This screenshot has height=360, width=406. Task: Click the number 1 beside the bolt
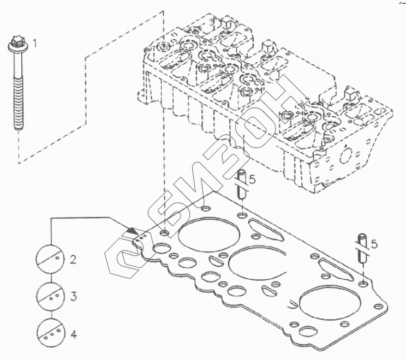tap(35, 43)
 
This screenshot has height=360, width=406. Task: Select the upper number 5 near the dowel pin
tap(252, 179)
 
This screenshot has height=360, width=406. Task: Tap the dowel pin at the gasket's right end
tap(362, 249)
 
